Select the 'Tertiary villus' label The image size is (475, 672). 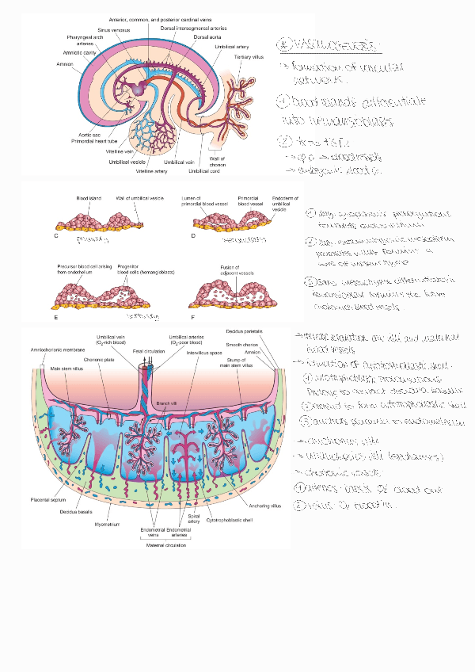248,58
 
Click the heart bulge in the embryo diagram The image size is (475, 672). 140,89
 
